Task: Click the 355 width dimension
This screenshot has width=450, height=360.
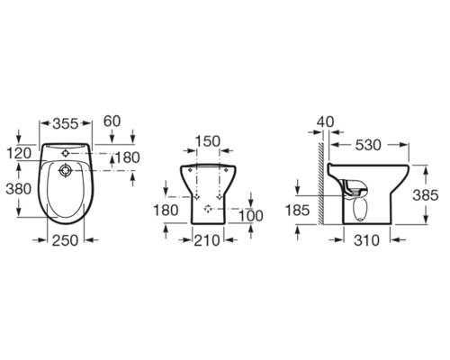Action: coord(66,123)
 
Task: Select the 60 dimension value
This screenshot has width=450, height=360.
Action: coord(112,121)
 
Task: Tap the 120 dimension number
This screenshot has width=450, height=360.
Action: coord(19,153)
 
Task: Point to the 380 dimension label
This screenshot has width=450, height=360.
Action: coord(19,189)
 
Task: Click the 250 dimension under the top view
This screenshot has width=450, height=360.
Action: coord(65,240)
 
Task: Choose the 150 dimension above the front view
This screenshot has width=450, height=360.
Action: coord(208,141)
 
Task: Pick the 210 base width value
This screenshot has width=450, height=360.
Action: coord(207,240)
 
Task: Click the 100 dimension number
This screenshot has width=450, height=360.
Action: coord(251,216)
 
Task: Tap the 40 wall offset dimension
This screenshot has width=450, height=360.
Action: coord(325,121)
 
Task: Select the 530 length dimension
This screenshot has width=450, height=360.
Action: coord(368,145)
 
